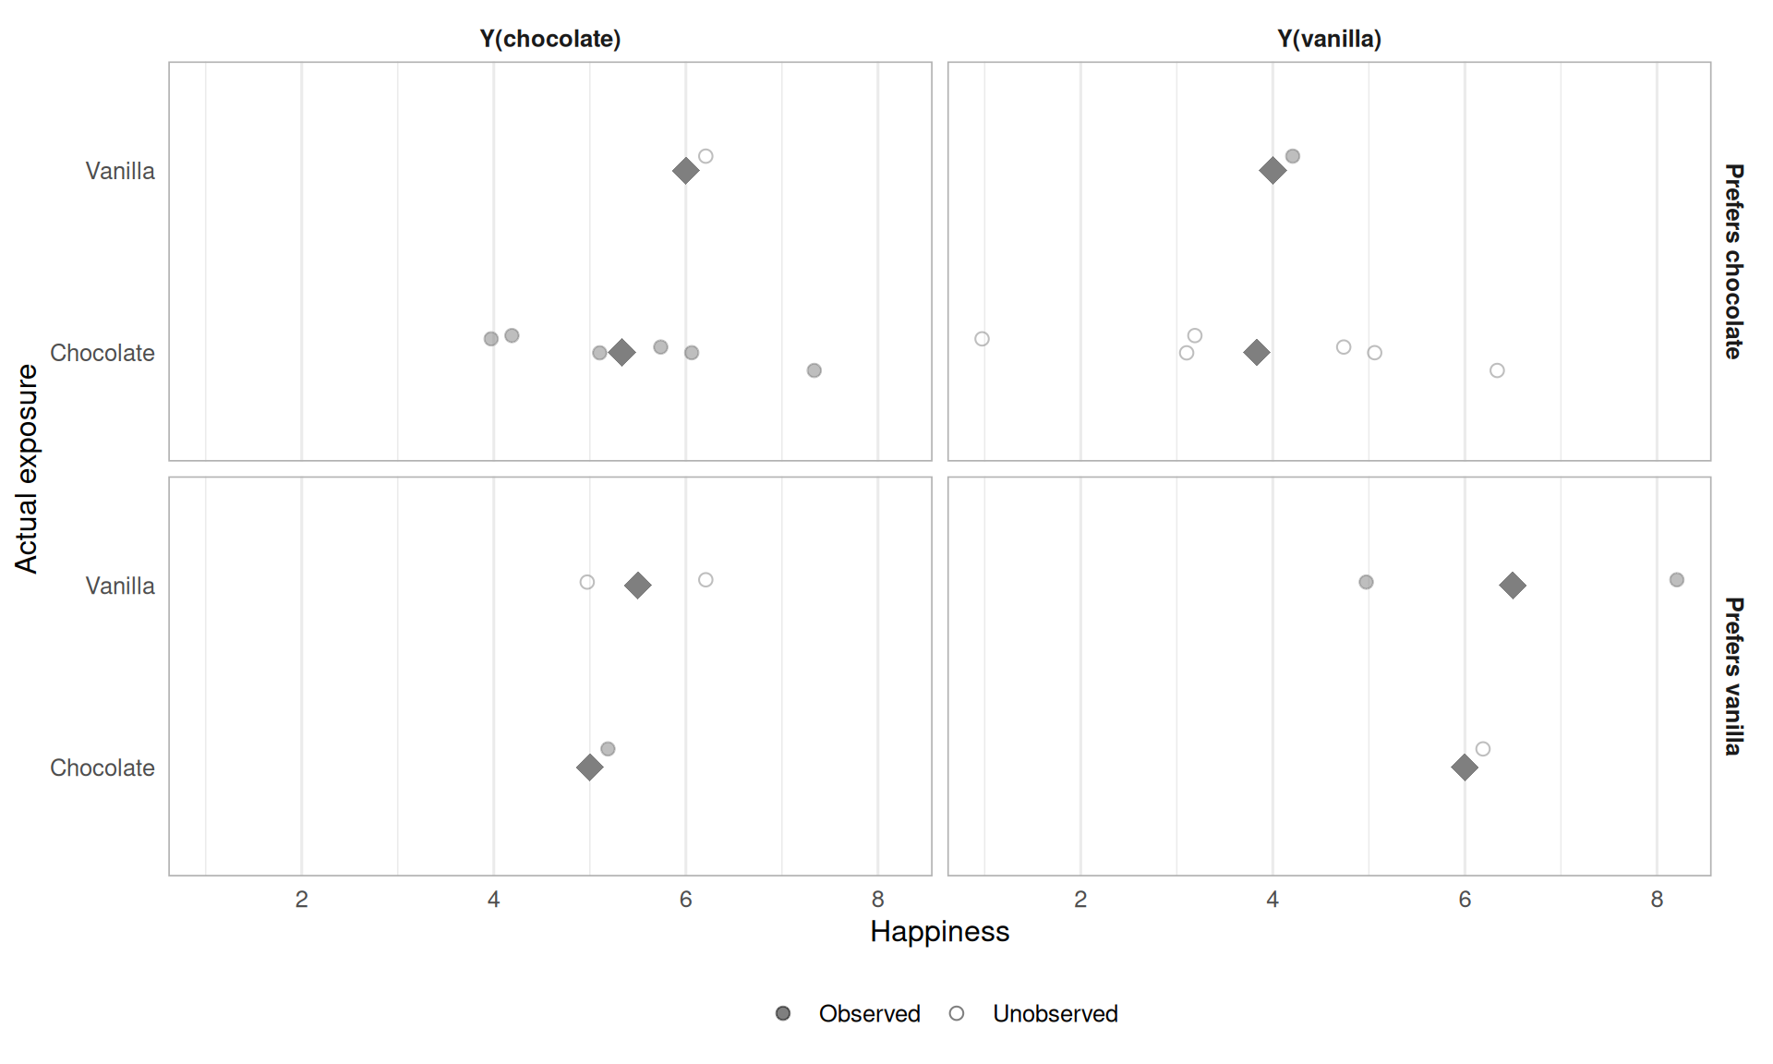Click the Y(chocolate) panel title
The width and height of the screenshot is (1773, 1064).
tap(549, 39)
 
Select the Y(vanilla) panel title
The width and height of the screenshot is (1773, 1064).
tap(1329, 39)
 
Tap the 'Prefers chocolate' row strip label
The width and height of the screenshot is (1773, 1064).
tap(1733, 261)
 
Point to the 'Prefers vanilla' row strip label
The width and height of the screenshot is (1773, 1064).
tap(1733, 676)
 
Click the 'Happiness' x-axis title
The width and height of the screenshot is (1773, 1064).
tap(939, 931)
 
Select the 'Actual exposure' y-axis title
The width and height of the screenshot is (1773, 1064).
tap(27, 468)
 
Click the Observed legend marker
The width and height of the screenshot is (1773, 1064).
tap(783, 1013)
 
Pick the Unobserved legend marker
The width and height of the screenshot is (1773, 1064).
tap(957, 1013)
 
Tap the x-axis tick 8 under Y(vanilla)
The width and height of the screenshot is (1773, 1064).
tap(1657, 900)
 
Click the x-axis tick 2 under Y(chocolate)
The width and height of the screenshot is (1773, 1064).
tap(301, 900)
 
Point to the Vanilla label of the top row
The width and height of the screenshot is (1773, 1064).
tap(120, 171)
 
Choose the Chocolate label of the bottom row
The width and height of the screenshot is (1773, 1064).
tap(103, 768)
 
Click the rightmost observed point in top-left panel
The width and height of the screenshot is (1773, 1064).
tap(814, 370)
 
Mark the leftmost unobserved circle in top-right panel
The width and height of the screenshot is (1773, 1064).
tap(982, 339)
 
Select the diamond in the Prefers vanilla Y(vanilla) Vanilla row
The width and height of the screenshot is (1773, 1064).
tap(1512, 586)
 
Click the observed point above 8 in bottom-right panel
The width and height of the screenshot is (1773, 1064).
tap(1676, 580)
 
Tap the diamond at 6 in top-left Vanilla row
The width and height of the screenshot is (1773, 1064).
tap(685, 171)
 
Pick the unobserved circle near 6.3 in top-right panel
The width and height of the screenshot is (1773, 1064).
tap(1497, 370)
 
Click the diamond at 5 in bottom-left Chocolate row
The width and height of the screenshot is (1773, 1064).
tap(589, 768)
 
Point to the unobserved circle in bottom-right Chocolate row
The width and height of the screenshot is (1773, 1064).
tap(1482, 749)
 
